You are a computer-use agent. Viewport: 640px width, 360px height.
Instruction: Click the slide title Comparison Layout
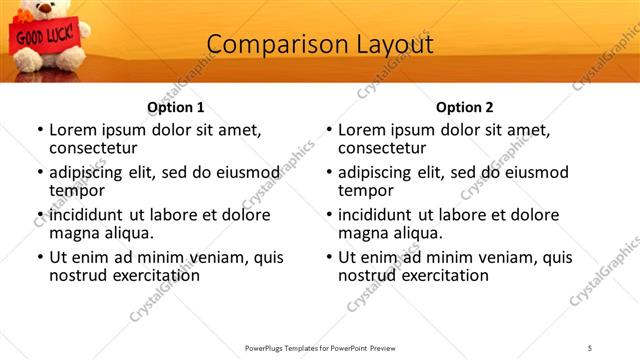click(319, 45)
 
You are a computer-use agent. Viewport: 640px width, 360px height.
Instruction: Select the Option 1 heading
click(176, 107)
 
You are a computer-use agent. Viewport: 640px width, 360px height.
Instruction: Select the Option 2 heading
click(464, 107)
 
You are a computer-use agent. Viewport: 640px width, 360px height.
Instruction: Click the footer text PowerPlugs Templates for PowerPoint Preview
click(319, 347)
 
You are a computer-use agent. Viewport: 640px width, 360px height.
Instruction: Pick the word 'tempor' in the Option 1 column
click(75, 191)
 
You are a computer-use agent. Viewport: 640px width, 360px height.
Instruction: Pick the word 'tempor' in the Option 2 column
click(364, 191)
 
